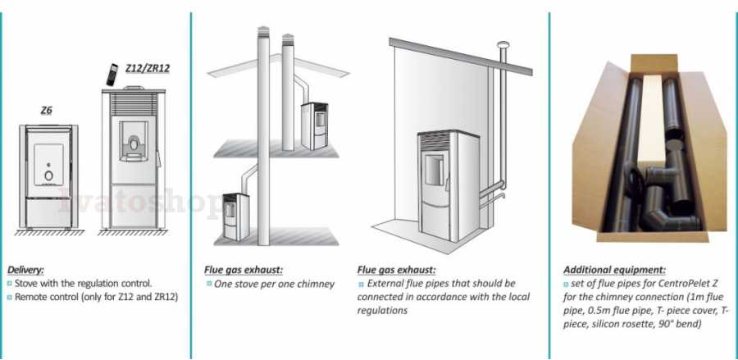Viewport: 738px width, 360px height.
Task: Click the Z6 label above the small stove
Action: point(46,111)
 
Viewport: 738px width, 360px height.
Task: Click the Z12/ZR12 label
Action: point(148,68)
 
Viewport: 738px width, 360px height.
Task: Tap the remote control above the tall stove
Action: point(112,75)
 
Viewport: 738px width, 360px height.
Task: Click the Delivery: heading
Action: point(26,270)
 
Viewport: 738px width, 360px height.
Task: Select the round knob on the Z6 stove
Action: point(49,175)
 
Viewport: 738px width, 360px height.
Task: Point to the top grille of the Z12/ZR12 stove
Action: point(134,103)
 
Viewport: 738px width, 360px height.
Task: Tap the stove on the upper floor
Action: point(314,125)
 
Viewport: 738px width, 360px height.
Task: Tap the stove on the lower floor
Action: point(236,216)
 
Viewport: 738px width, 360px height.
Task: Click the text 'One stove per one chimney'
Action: point(275,285)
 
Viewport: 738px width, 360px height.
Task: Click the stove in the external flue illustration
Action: point(448,186)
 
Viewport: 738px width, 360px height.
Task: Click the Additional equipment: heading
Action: point(615,270)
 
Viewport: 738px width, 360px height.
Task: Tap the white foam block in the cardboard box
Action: point(651,120)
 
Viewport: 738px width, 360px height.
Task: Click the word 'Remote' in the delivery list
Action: point(30,297)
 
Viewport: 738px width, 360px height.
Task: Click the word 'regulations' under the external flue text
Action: point(382,311)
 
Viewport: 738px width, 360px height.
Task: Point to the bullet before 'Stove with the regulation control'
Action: point(9,284)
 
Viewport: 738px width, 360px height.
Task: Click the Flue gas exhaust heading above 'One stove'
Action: point(243,270)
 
